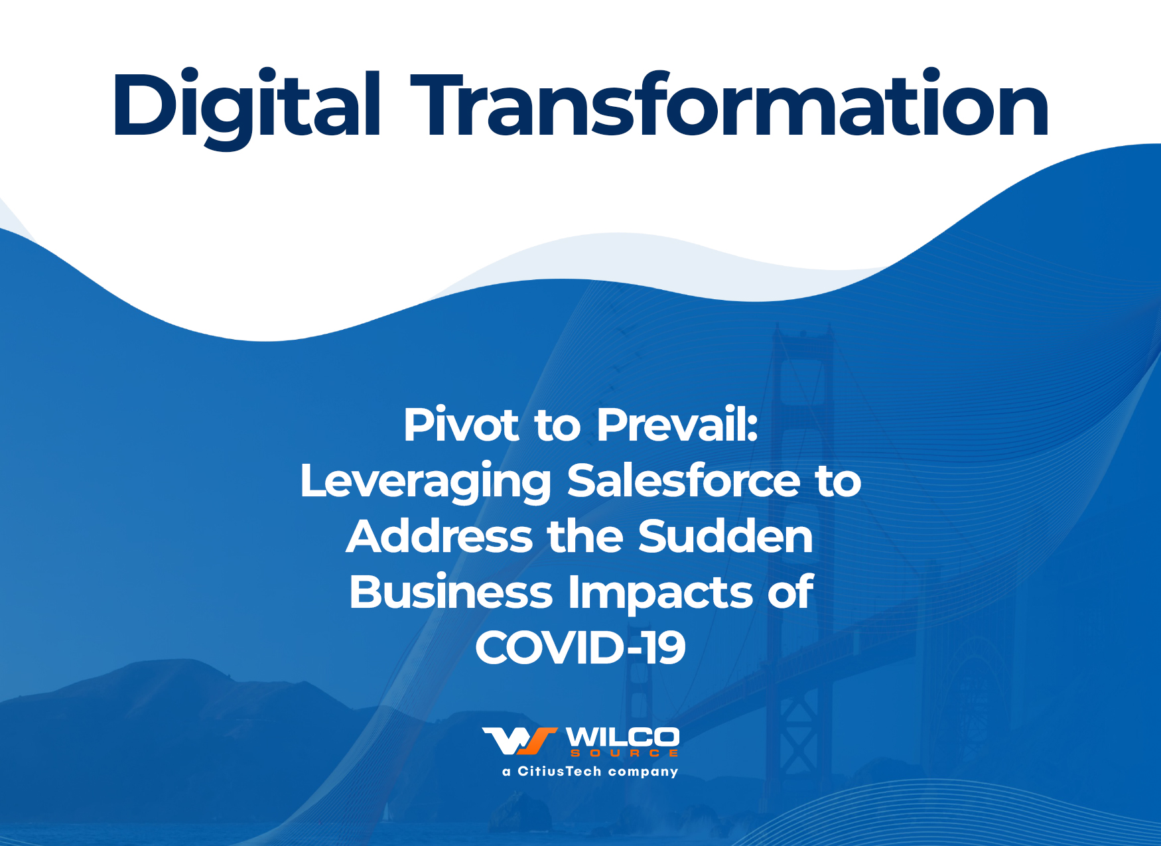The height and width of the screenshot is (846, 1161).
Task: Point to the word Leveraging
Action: [426, 482]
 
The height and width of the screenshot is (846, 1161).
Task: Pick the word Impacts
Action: [661, 594]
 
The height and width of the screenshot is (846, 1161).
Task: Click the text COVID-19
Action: [580, 648]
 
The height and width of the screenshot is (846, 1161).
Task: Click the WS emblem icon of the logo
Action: [519, 741]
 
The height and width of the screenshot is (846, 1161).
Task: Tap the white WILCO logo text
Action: [622, 737]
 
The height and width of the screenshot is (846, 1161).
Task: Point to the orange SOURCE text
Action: [624, 753]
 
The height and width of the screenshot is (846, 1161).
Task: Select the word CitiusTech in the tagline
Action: [559, 771]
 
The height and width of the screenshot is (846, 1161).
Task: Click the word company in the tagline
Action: [643, 772]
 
